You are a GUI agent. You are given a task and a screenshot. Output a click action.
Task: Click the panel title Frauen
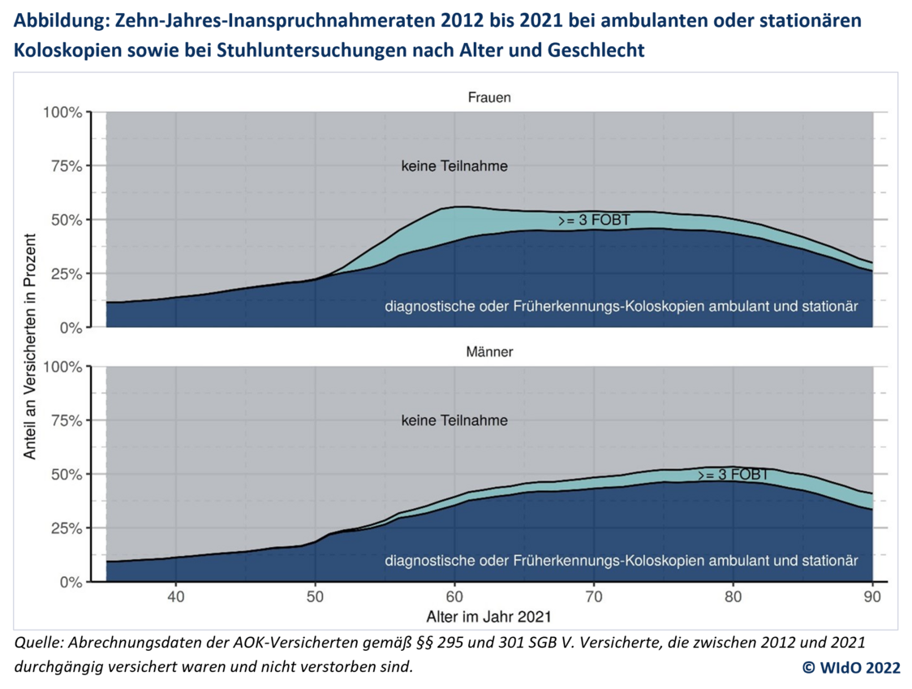coord(488,98)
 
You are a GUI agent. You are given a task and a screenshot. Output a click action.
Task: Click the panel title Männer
coord(488,353)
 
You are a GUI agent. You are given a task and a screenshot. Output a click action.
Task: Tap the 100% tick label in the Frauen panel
coord(62,112)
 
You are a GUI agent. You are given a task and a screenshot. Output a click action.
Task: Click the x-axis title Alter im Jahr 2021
coord(488,617)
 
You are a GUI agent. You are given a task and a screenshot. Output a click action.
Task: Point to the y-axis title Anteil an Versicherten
coord(30,347)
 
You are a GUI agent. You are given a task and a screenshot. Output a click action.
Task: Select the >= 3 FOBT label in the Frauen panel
coord(594,220)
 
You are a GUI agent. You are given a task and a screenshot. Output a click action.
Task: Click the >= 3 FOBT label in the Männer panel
coord(733,475)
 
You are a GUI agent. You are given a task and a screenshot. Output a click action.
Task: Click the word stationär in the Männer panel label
coord(830,561)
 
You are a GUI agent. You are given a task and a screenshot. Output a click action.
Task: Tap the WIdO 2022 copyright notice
coord(851,667)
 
